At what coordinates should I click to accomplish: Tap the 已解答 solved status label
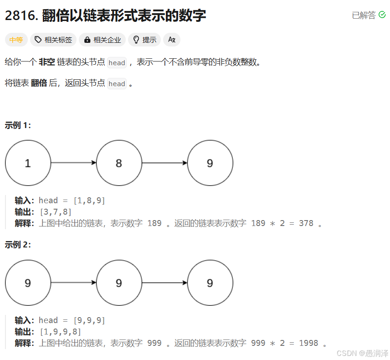[x=364, y=15]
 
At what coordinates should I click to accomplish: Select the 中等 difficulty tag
[x=16, y=40]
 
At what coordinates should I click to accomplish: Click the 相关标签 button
[x=53, y=40]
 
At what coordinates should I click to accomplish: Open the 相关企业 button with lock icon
[x=103, y=40]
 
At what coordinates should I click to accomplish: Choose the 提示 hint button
[x=144, y=40]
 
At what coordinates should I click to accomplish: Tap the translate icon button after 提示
[x=172, y=40]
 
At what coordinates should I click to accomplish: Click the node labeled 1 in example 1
[x=28, y=163]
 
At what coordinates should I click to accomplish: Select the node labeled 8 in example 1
[x=119, y=163]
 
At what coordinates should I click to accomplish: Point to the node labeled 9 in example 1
[x=210, y=163]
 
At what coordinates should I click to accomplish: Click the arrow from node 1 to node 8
[x=73, y=163]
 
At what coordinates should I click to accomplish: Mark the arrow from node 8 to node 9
[x=164, y=163]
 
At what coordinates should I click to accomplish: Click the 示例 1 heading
[x=18, y=125]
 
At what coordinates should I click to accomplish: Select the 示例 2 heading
[x=18, y=245]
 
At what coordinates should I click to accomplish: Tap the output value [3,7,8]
[x=56, y=212]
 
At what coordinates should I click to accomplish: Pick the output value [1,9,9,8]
[x=60, y=332]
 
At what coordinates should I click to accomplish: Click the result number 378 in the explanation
[x=306, y=223]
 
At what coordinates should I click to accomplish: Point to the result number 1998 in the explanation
[x=308, y=343]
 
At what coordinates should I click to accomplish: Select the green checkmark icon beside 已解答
[x=382, y=15]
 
